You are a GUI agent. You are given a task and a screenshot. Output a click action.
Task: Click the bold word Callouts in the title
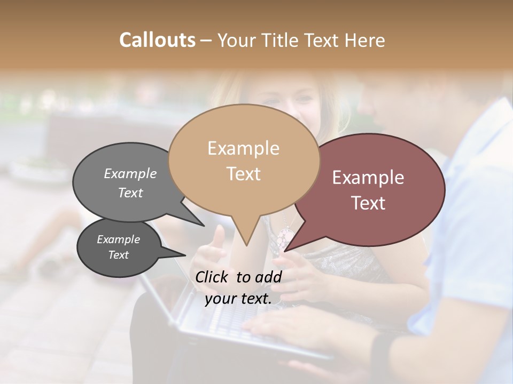pos(157,40)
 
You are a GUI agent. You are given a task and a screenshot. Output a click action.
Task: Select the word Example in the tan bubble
pos(243,148)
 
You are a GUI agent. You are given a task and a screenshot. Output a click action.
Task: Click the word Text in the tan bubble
pos(243,173)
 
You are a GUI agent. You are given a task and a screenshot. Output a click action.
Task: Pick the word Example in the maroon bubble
pos(368,178)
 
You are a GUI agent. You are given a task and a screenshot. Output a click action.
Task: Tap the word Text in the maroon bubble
pos(368,203)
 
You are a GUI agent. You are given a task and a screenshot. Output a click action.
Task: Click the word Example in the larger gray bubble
pos(130,173)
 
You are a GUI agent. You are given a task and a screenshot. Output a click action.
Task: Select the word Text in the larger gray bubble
pos(130,193)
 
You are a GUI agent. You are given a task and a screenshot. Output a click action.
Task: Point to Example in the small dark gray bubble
pos(118,239)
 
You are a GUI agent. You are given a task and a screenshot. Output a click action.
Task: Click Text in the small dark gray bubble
pos(118,255)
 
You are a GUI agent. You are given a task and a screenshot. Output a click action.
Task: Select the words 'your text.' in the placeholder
pos(238,299)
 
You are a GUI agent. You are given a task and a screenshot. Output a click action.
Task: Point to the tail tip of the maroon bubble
pos(286,250)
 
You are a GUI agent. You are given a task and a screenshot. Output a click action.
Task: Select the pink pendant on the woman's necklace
pos(285,235)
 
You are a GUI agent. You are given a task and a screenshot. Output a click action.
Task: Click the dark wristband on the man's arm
pos(382,352)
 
